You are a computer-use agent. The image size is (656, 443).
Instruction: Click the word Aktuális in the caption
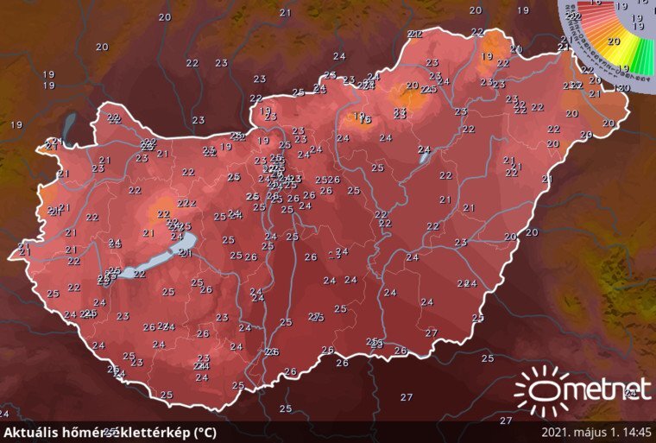pos(29,432)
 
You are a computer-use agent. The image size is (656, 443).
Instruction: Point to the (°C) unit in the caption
pos(204,432)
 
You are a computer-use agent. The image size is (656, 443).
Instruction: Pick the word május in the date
pos(594,433)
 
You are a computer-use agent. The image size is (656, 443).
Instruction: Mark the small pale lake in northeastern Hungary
pos(424,154)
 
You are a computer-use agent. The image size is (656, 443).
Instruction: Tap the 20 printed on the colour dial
pos(615,41)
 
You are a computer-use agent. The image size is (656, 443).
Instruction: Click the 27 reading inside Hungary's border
pos(432,332)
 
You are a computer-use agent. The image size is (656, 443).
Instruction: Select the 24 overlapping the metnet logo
pos(631,393)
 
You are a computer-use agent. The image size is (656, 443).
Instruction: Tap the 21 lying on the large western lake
pos(184,252)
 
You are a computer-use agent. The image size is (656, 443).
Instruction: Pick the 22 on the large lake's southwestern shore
pos(139,275)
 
